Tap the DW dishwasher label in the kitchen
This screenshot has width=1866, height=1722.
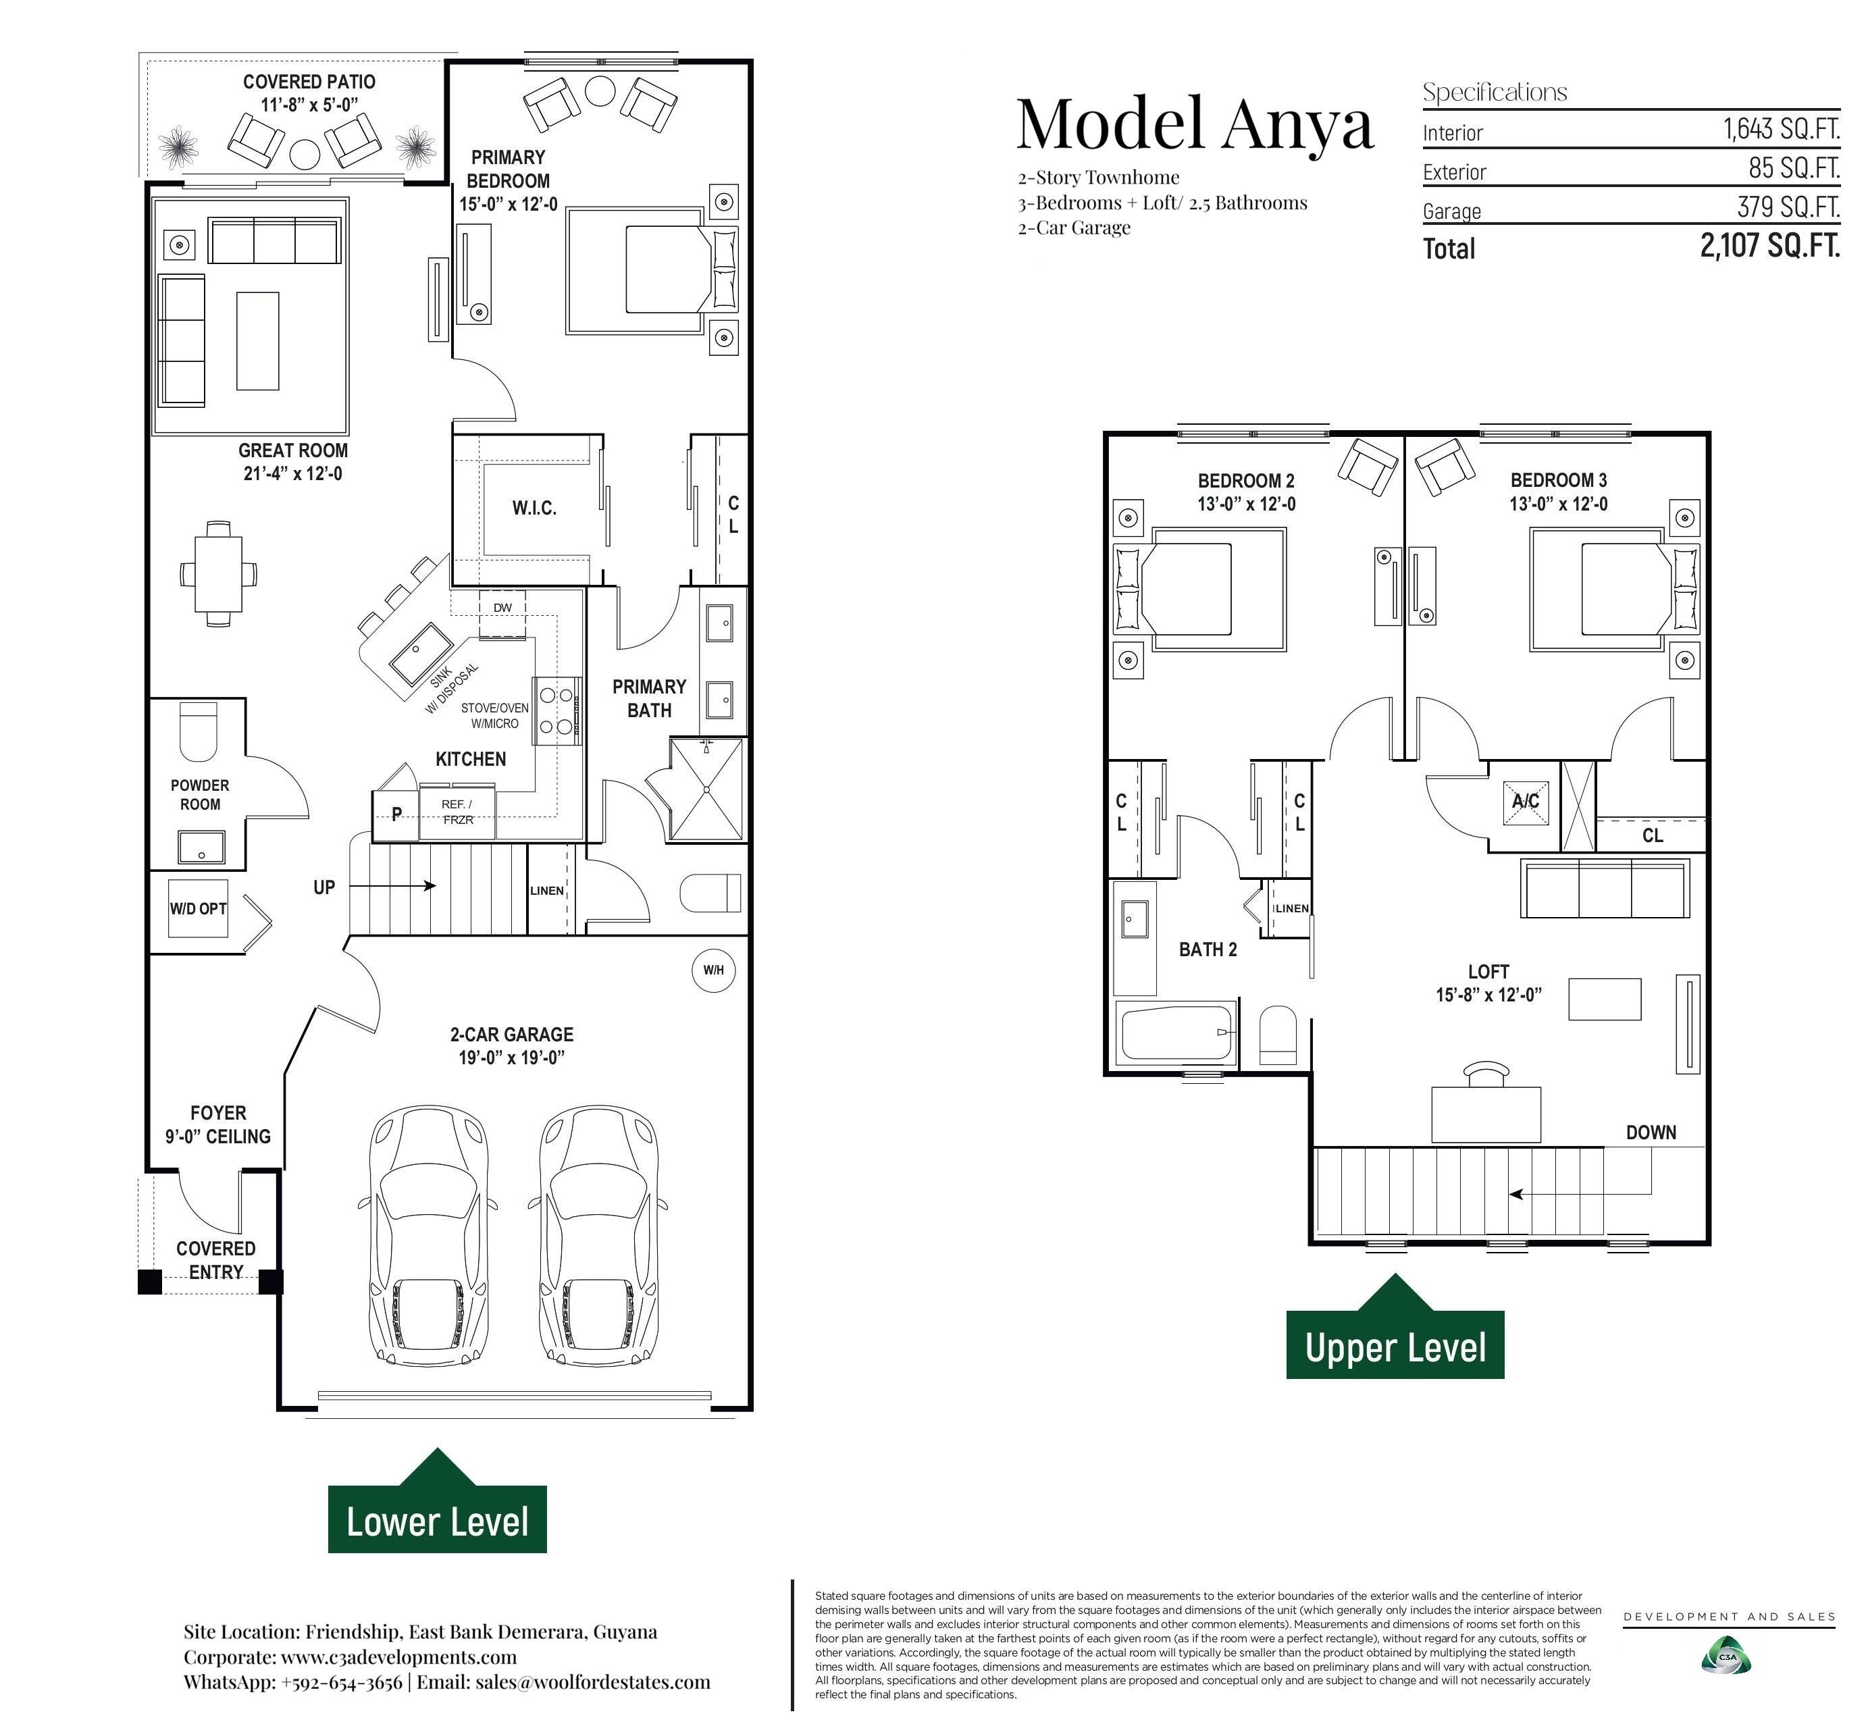tap(502, 608)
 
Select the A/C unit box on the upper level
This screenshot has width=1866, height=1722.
tap(1526, 802)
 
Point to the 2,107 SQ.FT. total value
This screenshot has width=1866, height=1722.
tap(1770, 246)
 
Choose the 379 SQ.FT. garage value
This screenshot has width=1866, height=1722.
tap(1788, 207)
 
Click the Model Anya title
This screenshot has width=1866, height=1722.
tap(1195, 124)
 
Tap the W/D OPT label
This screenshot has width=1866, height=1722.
tap(198, 908)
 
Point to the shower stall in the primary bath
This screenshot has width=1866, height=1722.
tap(708, 789)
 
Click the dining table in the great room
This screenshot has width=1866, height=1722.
tap(218, 573)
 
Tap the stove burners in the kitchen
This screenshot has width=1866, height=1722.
tap(556, 710)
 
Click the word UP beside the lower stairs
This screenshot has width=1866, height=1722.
tap(323, 887)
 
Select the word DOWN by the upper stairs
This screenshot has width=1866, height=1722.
tap(1651, 1132)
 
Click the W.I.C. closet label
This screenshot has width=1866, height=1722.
tap(534, 508)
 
